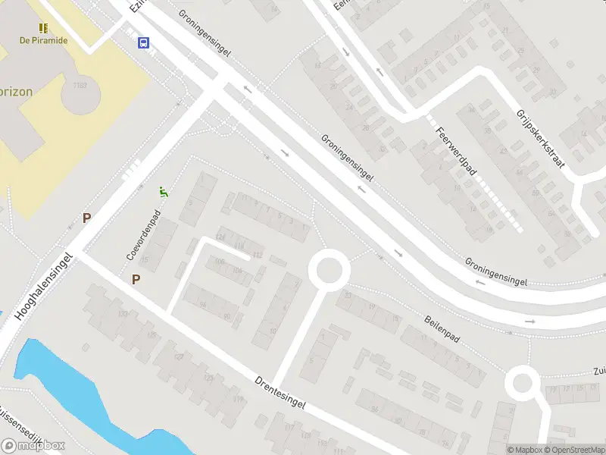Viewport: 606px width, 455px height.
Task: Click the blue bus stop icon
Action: (143, 43)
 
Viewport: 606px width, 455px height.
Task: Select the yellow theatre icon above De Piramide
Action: (44, 27)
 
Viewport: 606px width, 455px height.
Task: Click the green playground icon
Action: (163, 193)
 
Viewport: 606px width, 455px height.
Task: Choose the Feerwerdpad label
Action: (455, 152)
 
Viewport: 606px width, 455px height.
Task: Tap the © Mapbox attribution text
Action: (524, 450)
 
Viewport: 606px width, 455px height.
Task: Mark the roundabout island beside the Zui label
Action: (523, 383)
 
